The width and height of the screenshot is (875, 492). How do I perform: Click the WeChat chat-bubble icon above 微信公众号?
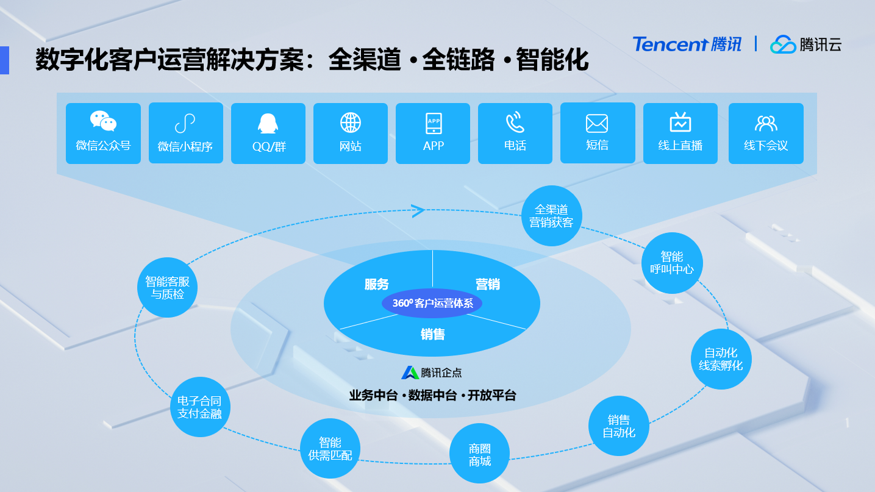(103, 121)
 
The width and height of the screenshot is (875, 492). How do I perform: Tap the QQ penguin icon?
(268, 123)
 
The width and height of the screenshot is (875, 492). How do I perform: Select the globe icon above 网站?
(351, 123)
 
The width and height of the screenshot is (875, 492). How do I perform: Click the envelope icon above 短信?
(597, 123)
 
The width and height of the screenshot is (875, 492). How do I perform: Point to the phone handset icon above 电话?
(515, 123)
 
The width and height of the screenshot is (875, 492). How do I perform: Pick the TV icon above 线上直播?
(680, 123)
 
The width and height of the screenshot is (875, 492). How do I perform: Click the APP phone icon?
(434, 123)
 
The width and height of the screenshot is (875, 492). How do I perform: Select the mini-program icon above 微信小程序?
(185, 124)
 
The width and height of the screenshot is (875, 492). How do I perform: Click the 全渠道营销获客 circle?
(552, 216)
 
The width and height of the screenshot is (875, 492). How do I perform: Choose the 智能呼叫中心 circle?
(672, 263)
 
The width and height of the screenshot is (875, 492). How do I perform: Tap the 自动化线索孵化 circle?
(721, 359)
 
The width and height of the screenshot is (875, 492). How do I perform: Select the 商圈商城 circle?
(479, 454)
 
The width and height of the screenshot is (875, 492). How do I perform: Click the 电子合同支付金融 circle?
(199, 407)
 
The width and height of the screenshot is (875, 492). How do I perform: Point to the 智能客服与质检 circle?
(167, 287)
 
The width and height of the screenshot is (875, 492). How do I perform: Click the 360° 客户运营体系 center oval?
(432, 303)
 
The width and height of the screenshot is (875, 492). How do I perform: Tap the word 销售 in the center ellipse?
(432, 334)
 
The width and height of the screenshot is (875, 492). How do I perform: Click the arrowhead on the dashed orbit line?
(418, 211)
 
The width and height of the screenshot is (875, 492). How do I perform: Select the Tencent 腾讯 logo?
(687, 45)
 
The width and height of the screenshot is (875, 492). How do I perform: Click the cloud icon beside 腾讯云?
(783, 45)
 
